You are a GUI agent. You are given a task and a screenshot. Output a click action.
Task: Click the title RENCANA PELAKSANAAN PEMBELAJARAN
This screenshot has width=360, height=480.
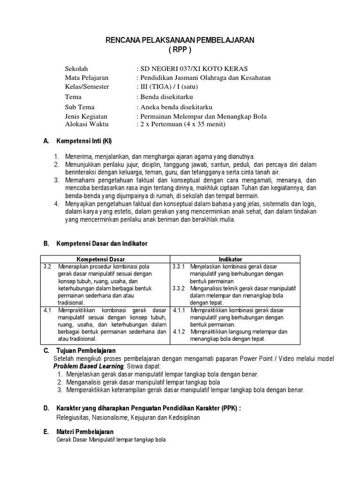pos(180,41)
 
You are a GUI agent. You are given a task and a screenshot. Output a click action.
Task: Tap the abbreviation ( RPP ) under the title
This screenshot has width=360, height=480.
pos(180,50)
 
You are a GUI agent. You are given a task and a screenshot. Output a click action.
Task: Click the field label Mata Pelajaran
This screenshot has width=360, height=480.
pos(87,77)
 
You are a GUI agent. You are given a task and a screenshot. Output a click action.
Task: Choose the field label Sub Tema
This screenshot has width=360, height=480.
pos(80,107)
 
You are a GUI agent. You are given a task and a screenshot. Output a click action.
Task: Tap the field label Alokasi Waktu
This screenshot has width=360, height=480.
pos(87,124)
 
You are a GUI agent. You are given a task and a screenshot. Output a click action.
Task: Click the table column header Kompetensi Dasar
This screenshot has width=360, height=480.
pos(104,259)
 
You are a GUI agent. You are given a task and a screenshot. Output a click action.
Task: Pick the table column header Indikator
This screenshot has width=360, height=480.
pos(230,259)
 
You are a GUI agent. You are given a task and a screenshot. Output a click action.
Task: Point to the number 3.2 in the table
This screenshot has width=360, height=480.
pos(47,266)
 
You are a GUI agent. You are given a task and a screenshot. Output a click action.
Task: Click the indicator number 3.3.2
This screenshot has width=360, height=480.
pos(179,288)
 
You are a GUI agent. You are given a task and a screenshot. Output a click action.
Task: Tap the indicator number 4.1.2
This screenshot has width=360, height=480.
pos(179,332)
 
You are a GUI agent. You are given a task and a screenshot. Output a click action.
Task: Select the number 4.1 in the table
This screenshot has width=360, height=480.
pos(47,310)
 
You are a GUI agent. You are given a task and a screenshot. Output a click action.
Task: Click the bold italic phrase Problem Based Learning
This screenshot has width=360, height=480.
pos(88,366)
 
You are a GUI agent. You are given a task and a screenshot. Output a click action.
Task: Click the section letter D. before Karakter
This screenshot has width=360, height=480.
pos(46,408)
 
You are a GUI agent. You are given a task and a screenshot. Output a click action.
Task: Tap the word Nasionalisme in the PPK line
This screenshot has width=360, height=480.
pos(111,417)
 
